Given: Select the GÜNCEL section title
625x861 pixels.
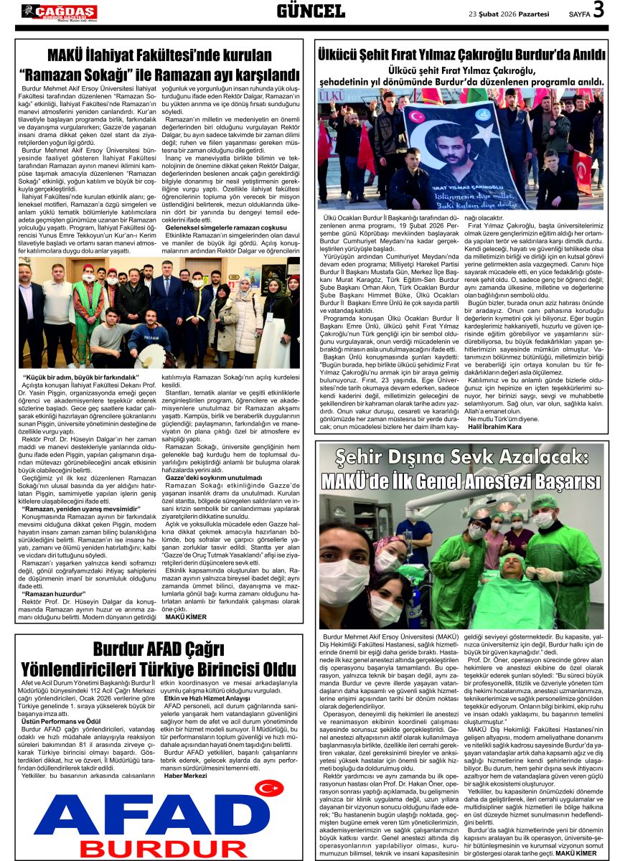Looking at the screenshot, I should [311, 11].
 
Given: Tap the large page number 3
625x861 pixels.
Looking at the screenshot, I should [598, 10].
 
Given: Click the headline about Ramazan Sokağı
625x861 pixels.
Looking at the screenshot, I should [159, 65].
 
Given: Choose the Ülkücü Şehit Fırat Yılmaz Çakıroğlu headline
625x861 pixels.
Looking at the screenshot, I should [462, 53].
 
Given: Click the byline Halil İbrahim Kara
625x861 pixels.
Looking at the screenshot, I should [494, 427].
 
